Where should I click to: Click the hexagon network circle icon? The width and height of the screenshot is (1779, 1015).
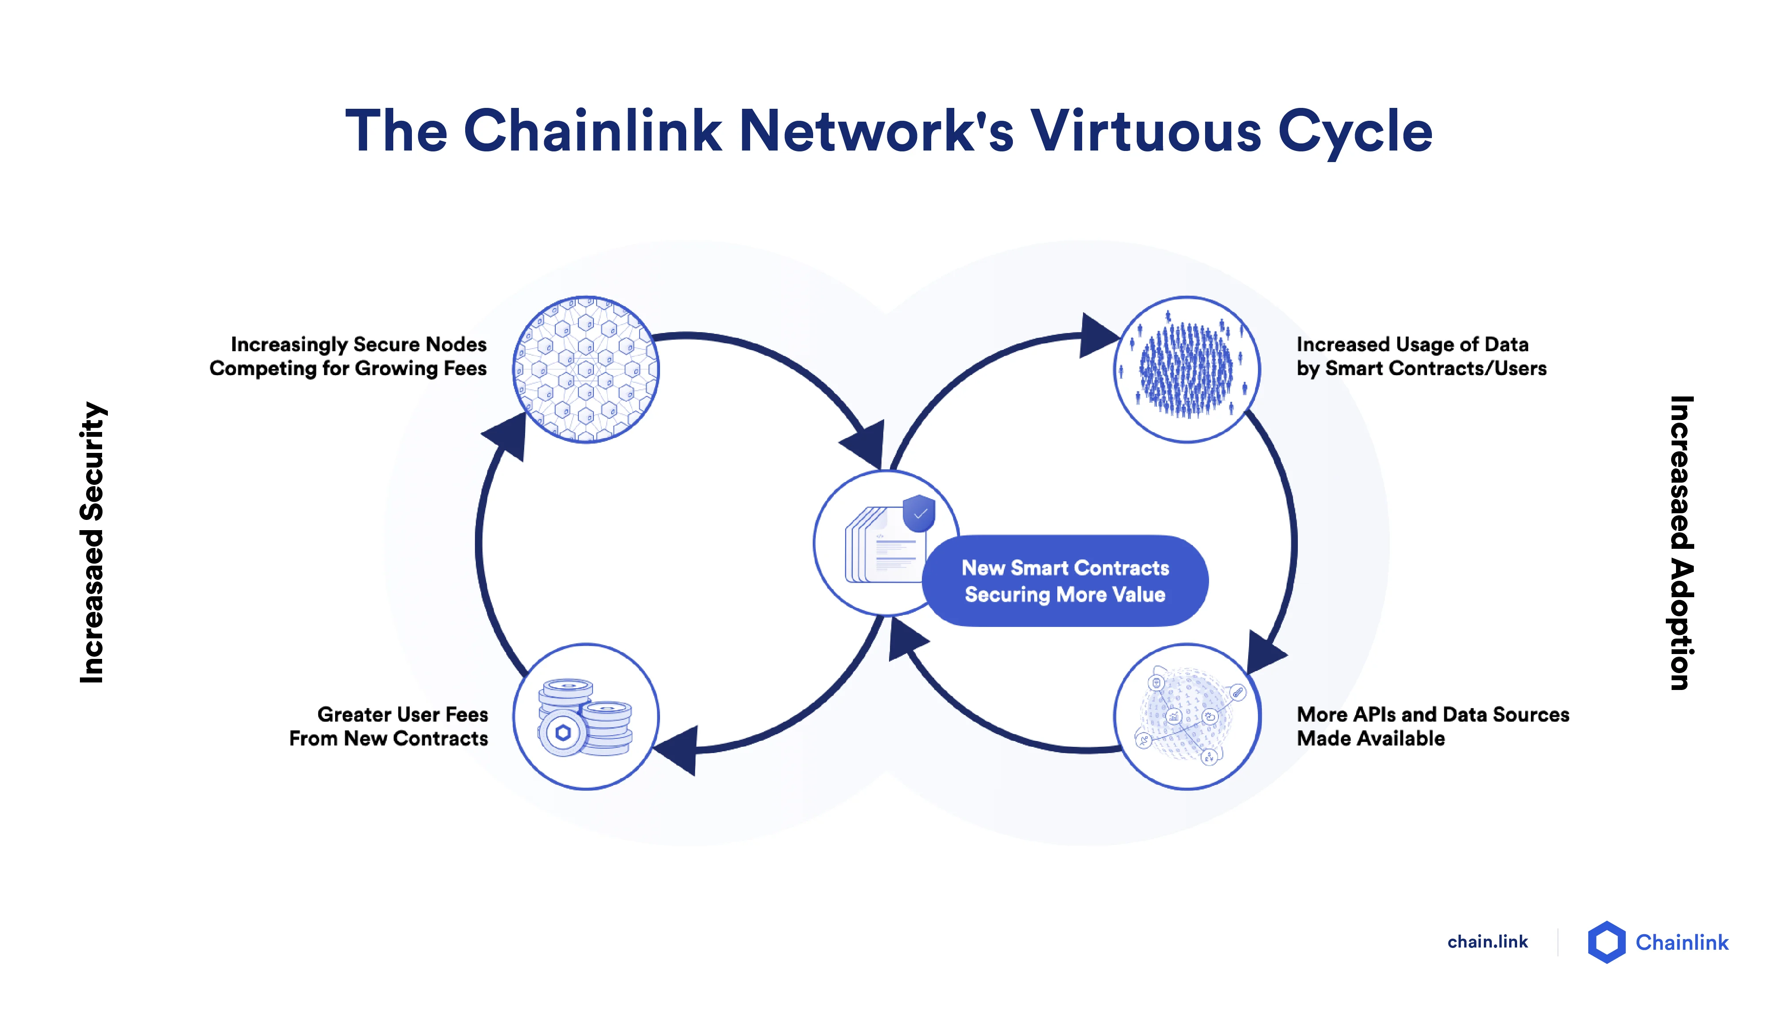(x=585, y=369)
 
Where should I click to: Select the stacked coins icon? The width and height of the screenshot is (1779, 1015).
(x=585, y=717)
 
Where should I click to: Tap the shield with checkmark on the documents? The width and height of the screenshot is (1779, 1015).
(x=919, y=513)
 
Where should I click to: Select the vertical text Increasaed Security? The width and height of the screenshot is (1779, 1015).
(x=92, y=543)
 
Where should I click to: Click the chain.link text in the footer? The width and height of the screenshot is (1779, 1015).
(x=1487, y=942)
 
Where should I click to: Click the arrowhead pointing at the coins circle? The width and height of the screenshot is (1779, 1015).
(x=677, y=750)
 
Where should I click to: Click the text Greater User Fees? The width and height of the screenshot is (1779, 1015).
(x=402, y=714)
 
